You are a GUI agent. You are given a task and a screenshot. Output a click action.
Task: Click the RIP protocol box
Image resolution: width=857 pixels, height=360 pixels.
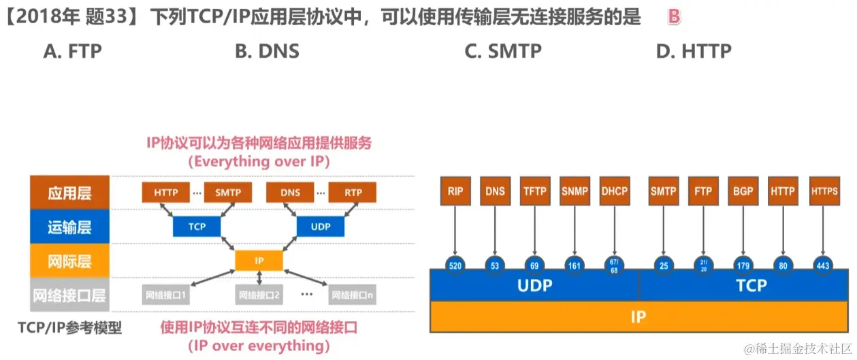pos(455,192)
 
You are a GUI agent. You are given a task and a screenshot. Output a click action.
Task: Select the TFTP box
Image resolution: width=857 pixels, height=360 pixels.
pos(535,192)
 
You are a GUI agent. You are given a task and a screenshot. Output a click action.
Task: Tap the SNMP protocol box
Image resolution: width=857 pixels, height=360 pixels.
pos(575,192)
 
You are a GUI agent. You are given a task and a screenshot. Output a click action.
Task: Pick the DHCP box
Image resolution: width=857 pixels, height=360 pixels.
pos(615,192)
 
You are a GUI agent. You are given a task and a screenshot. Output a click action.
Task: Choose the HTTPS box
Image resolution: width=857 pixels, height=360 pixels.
pos(824,192)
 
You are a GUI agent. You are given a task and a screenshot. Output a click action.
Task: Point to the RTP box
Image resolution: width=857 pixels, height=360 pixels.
pos(353,193)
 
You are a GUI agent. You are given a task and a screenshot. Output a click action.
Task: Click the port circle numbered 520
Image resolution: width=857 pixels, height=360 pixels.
pos(455,265)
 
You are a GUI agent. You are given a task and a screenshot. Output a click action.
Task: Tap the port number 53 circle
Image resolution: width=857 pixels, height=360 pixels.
pos(495,265)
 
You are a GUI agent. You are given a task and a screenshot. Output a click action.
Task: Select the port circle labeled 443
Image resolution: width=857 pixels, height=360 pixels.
pos(823,265)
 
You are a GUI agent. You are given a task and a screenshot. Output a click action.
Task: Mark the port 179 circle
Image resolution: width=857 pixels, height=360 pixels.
pos(743,265)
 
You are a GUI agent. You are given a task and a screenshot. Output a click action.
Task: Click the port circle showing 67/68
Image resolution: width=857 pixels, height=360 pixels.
pos(615,265)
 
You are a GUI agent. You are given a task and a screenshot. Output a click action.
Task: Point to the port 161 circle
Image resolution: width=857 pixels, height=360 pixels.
pos(575,265)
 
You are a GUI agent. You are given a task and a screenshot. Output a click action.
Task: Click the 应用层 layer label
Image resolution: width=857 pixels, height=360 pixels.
pos(69,193)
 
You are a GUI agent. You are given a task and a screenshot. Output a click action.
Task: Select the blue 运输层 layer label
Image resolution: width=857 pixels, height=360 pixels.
pos(69,227)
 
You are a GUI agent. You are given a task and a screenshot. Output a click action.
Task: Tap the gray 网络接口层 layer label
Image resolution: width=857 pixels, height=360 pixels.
pos(69,295)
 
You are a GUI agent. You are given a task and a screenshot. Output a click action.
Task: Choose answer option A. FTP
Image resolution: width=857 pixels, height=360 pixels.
pos(72,51)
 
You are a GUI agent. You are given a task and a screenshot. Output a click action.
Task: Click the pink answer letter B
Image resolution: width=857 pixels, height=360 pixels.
pos(674,17)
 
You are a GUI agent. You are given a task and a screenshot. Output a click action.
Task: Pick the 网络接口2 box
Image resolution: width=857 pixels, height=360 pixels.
pos(259,296)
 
